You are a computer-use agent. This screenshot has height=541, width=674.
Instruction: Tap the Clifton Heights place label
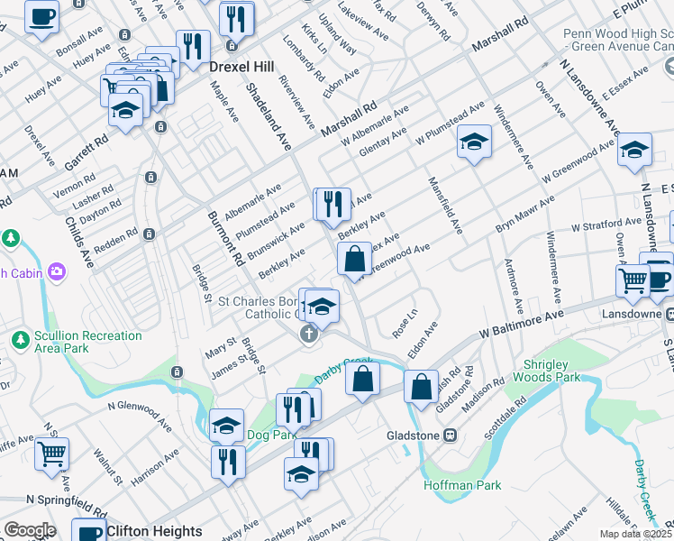click(148, 531)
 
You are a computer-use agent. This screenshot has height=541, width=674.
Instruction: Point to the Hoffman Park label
click(462, 485)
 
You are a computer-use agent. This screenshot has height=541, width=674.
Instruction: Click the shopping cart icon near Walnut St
click(52, 454)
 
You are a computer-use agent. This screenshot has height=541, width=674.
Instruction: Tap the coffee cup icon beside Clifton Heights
click(88, 531)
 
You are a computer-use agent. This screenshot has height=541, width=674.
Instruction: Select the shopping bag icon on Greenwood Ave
click(355, 258)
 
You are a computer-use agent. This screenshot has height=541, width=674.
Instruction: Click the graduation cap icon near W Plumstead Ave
click(474, 142)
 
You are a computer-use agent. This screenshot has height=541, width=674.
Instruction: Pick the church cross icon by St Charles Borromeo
click(308, 335)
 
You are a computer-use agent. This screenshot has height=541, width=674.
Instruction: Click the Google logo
click(30, 530)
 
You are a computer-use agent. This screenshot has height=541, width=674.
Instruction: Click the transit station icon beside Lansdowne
click(670, 314)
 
